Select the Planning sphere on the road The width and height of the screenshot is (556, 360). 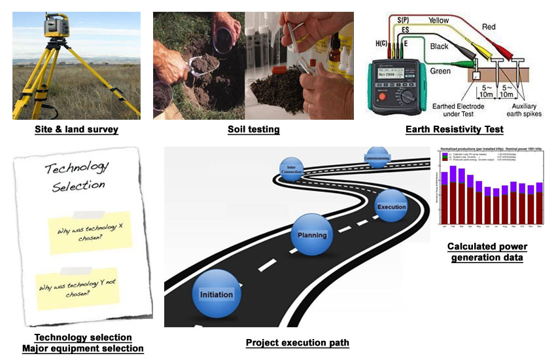pyautogui.click(x=311, y=234)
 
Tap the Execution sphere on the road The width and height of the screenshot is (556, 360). pyautogui.click(x=391, y=206)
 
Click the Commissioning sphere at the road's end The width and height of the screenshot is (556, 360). pyautogui.click(x=377, y=158)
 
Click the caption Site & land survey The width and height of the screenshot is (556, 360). pyautogui.click(x=77, y=129)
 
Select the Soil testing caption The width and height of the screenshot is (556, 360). pyautogui.click(x=253, y=129)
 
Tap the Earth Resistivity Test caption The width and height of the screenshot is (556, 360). pyautogui.click(x=454, y=129)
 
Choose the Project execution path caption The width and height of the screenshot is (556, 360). pyautogui.click(x=298, y=342)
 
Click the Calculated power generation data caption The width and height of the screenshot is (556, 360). pyautogui.click(x=487, y=252)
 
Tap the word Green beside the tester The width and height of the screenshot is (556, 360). pyautogui.click(x=441, y=70)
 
